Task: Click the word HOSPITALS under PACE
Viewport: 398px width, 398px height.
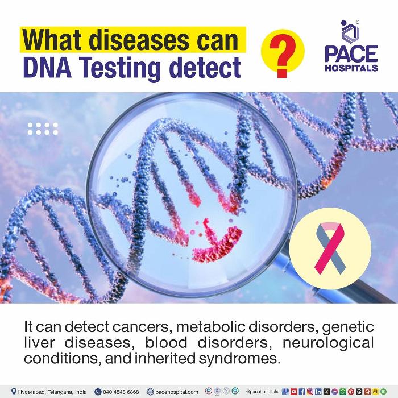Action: [x=351, y=68]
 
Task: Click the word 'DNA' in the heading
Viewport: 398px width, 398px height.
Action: [x=47, y=67]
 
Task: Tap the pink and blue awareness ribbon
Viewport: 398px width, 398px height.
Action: [x=330, y=248]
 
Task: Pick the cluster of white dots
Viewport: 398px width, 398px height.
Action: [x=43, y=128]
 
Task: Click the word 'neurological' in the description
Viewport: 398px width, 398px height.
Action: [x=328, y=343]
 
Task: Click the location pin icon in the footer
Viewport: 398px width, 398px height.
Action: [x=14, y=391]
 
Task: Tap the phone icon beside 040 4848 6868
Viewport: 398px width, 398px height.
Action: [x=98, y=392]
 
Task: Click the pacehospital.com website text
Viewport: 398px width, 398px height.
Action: [x=177, y=392]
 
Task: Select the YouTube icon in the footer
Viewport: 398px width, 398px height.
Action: [x=294, y=392]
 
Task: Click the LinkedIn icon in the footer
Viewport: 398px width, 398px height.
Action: [x=318, y=392]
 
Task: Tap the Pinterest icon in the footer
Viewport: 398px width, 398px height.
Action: [x=351, y=392]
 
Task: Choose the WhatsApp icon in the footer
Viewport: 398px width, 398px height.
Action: [x=343, y=392]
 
